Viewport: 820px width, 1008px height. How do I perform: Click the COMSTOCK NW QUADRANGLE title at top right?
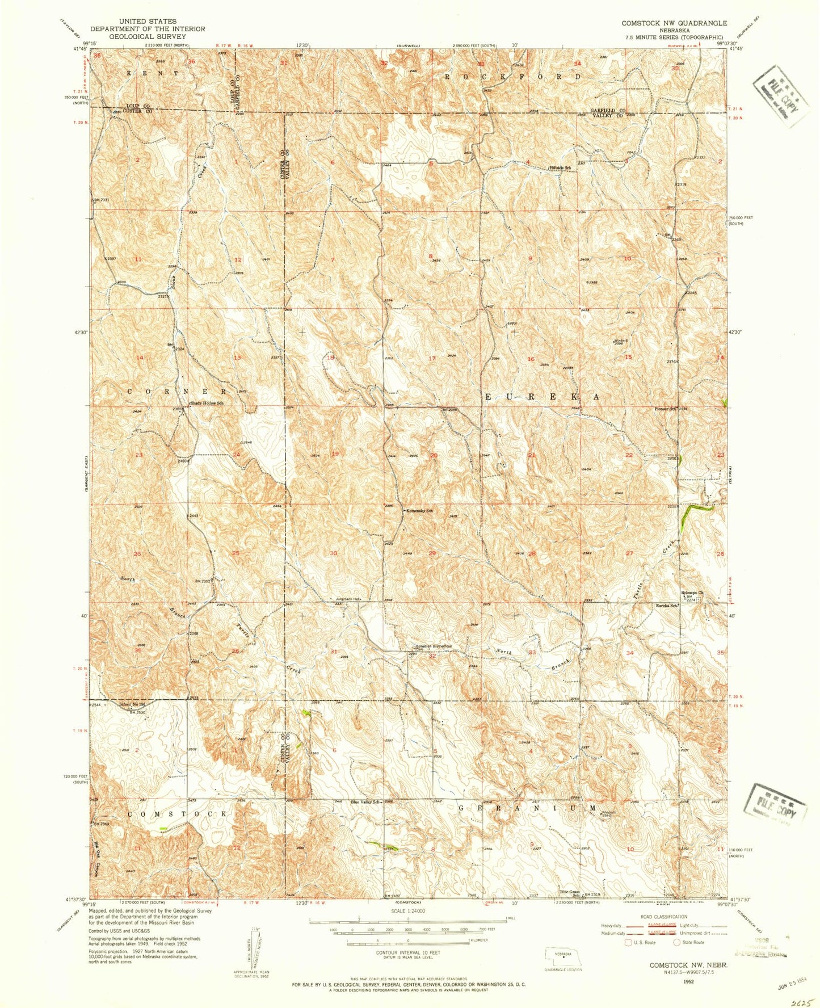click(674, 23)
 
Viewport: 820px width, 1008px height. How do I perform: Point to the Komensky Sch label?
click(419, 511)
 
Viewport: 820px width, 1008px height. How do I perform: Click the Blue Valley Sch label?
click(364, 802)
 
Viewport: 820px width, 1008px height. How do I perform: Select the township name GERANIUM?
click(527, 808)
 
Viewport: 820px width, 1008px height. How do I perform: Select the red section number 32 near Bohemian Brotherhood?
click(432, 656)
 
